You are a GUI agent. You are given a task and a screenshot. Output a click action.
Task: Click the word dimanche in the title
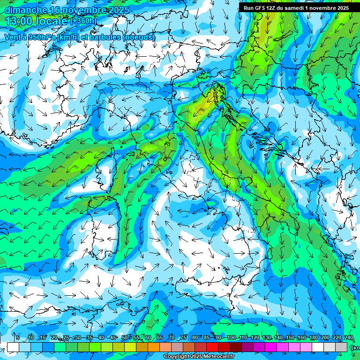pyautogui.click(x=26, y=9)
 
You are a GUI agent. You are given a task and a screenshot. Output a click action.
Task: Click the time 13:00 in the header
pyautogui.click(x=19, y=21)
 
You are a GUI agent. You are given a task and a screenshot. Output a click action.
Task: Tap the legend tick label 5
pyautogui.click(x=18, y=337)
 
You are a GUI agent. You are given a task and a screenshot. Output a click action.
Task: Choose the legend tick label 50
pyautogui.click(x=125, y=337)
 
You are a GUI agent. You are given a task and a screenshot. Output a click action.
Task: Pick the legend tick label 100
pyautogui.click(x=231, y=337)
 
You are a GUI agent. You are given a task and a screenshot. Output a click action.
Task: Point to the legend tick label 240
pyautogui.click(x=349, y=337)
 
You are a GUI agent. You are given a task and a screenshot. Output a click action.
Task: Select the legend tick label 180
pyautogui.click(x=313, y=337)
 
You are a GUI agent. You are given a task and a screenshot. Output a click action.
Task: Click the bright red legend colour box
pyautogui.click(x=212, y=347)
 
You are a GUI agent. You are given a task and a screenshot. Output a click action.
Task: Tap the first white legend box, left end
pyautogui.click(x=13, y=347)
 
